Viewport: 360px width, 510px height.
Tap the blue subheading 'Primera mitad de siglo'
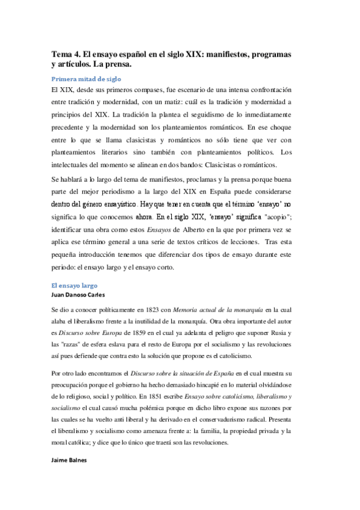point(87,78)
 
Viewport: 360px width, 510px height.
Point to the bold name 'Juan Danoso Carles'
point(79,295)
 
